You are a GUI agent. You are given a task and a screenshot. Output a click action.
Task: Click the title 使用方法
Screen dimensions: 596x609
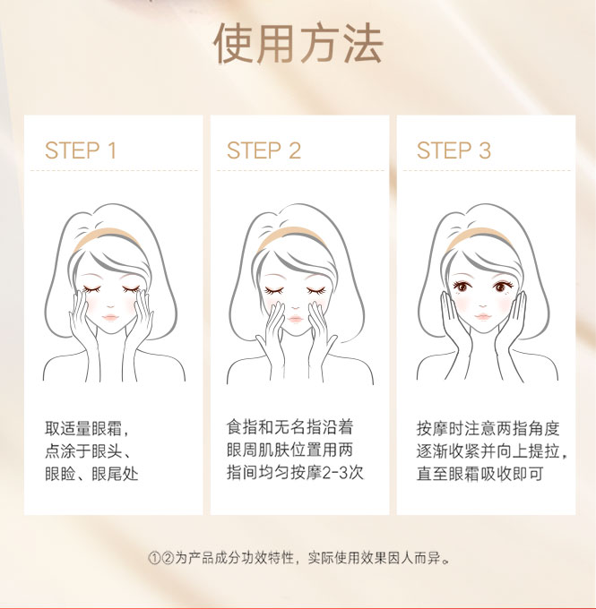tap(298, 43)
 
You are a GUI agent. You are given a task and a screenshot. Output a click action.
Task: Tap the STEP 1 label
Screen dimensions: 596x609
tap(81, 150)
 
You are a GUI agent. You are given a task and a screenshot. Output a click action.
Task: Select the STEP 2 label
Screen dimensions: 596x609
tap(264, 150)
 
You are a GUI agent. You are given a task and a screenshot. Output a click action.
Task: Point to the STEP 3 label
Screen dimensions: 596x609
tap(453, 150)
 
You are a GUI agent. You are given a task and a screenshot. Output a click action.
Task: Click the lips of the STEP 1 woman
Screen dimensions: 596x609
tap(110, 317)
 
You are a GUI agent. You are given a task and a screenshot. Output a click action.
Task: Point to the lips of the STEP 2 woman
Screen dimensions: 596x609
tap(295, 319)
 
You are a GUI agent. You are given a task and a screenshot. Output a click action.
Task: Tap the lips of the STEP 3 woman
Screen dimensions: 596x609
tap(483, 316)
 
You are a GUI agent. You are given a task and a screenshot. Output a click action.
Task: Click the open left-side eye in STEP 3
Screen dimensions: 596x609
tap(462, 287)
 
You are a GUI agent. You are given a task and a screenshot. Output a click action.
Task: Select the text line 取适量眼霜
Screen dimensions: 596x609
tap(87, 428)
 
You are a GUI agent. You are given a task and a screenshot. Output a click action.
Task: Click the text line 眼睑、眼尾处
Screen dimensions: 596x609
tap(91, 474)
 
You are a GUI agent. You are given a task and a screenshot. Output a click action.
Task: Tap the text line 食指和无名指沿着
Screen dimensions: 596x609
tap(289, 427)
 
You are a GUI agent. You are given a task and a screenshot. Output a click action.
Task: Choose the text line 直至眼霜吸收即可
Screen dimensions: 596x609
tap(479, 474)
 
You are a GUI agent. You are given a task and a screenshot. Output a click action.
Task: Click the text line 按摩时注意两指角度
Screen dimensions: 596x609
tap(488, 428)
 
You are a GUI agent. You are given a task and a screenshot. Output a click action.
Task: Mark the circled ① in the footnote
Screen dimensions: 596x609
tap(154, 559)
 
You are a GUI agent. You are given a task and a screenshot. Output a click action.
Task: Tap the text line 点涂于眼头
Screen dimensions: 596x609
tap(87, 450)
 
